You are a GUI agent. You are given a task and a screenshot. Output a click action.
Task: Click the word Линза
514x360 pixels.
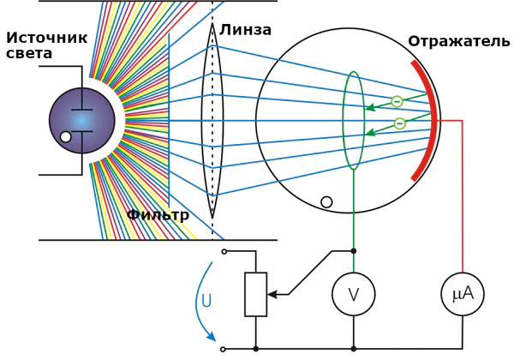pyautogui.click(x=245, y=31)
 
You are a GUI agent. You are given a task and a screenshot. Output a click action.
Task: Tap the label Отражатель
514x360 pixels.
pyautogui.click(x=458, y=42)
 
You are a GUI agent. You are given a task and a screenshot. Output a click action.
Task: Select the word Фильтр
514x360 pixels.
pyautogui.click(x=158, y=215)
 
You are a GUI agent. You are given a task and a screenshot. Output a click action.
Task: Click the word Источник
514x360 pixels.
pyautogui.click(x=46, y=38)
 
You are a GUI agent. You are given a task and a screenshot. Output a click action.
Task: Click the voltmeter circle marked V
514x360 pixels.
pyautogui.click(x=353, y=295)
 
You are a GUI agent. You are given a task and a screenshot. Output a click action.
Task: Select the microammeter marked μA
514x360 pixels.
pyautogui.click(x=462, y=295)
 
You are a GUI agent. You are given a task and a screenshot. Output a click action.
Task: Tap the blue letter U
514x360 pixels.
pyautogui.click(x=206, y=301)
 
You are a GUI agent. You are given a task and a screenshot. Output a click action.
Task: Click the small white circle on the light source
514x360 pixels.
pyautogui.click(x=66, y=136)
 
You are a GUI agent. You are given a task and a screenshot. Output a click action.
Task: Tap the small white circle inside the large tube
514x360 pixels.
pyautogui.click(x=326, y=202)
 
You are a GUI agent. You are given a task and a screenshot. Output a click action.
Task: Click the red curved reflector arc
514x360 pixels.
pyautogui.click(x=428, y=120)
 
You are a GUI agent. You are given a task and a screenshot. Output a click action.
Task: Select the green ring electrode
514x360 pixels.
pyautogui.click(x=353, y=120)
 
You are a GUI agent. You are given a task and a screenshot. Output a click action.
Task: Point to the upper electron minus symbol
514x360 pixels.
pyautogui.click(x=397, y=102)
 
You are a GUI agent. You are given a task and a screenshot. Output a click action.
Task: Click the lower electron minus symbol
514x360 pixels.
pyautogui.click(x=399, y=123)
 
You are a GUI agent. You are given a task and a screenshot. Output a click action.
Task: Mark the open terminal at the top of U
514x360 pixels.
pyautogui.click(x=224, y=251)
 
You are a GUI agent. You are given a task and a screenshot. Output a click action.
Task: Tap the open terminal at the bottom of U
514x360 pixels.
pyautogui.click(x=224, y=349)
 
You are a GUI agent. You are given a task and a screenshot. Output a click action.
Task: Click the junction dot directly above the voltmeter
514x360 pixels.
pyautogui.click(x=353, y=251)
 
